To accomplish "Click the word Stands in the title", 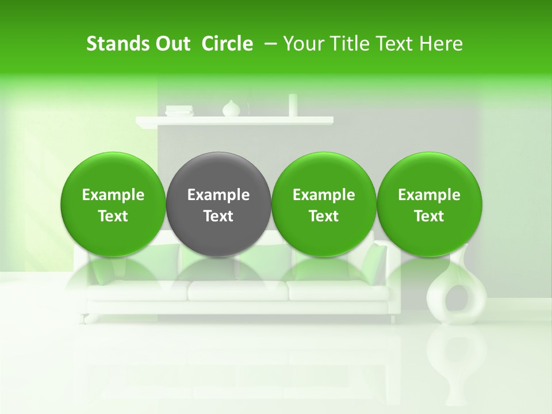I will click(x=116, y=44).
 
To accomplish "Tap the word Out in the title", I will click(x=171, y=44).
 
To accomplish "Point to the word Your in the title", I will click(x=302, y=44).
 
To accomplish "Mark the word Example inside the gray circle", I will click(x=218, y=195).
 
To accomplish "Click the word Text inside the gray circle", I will click(x=218, y=216).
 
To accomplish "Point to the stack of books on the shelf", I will click(x=179, y=111).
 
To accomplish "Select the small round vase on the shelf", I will click(x=231, y=109).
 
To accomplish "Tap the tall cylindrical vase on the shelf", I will click(x=293, y=105).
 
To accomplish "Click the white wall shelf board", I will click(x=234, y=120).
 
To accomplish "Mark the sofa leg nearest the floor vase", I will click(x=393, y=319).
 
